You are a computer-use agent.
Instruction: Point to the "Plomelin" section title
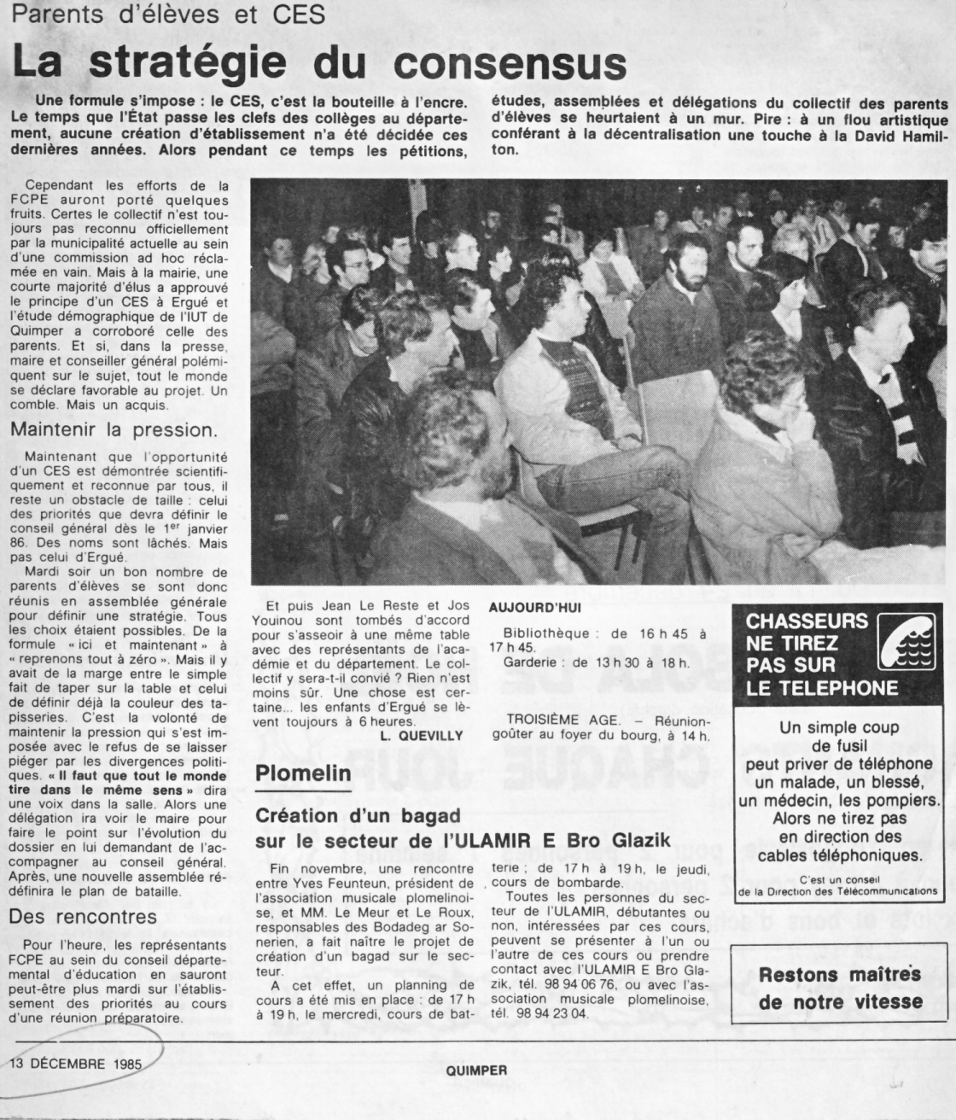click(304, 773)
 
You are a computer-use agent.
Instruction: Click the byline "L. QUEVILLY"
click(431, 734)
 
